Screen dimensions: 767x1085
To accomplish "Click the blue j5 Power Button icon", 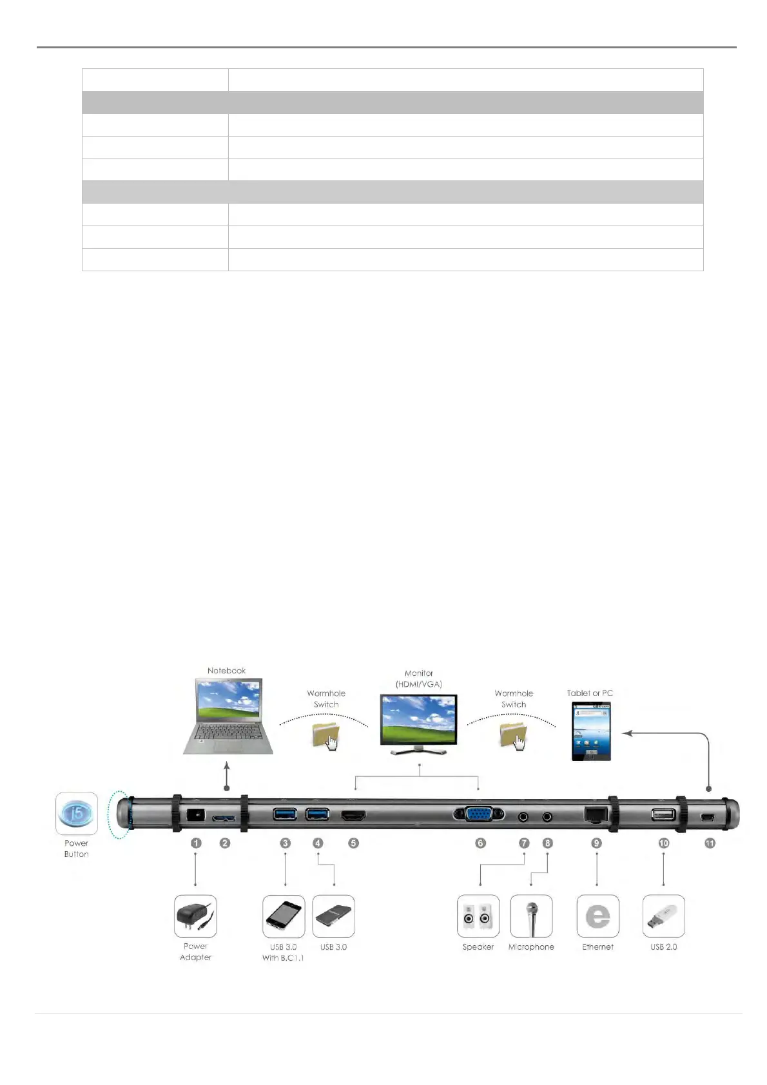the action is [x=76, y=814].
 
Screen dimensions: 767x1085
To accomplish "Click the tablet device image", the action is [x=591, y=731].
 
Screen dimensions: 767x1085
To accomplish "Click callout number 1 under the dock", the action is [x=197, y=843].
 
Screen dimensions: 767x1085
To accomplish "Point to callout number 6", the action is [x=480, y=843].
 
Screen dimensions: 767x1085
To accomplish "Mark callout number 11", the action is [x=710, y=843].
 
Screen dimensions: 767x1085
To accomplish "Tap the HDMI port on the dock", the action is [x=353, y=816].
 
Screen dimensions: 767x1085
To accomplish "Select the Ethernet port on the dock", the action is [x=596, y=814].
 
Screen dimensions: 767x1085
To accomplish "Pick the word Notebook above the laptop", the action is [x=226, y=671].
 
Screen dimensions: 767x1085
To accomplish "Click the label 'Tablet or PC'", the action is [x=590, y=693].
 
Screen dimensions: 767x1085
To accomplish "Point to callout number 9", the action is [x=597, y=843].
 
